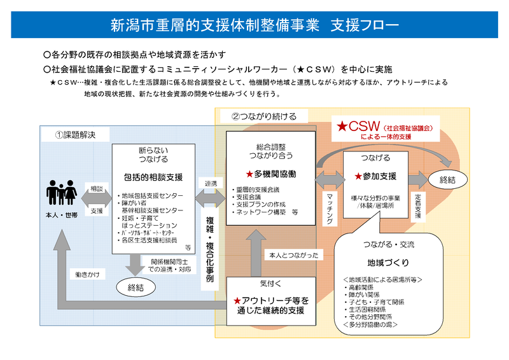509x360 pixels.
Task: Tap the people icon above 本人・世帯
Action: pos(62,193)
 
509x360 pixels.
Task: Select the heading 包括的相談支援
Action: pos(153,176)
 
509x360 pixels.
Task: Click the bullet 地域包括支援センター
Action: pos(153,195)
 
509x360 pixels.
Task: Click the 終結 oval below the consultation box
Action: pos(136,287)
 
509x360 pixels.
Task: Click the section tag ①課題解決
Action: pos(77,135)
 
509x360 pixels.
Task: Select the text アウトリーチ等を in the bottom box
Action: pos(274,300)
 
